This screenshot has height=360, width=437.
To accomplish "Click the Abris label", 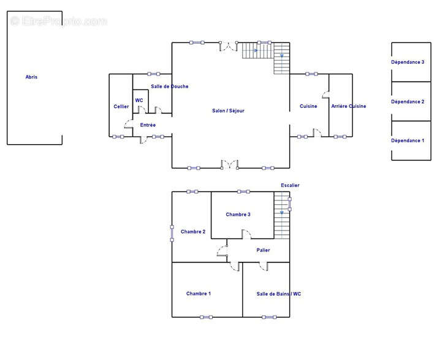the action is pyautogui.click(x=31, y=77).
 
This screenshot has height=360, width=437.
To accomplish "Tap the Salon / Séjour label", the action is pyautogui.click(x=228, y=111).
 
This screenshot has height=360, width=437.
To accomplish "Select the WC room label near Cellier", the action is pyautogui.click(x=139, y=101).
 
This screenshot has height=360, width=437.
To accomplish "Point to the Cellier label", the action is pyautogui.click(x=121, y=107).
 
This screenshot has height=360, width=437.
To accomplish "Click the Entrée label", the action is pyautogui.click(x=148, y=125).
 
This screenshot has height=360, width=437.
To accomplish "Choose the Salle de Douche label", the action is pyautogui.click(x=169, y=86).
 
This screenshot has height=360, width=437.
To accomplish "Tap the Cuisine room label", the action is pyautogui.click(x=308, y=106).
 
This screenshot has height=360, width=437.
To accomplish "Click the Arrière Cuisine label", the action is pyautogui.click(x=349, y=106).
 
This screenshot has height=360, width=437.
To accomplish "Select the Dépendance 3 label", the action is pyautogui.click(x=408, y=62).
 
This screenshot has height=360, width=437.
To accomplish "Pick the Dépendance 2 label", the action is pyautogui.click(x=408, y=102).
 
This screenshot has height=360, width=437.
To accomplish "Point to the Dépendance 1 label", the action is pyautogui.click(x=408, y=141).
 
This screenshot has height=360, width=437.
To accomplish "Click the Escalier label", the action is pyautogui.click(x=290, y=185).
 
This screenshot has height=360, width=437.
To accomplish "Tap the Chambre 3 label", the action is pyautogui.click(x=238, y=215).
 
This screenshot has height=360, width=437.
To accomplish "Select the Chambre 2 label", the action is pyautogui.click(x=193, y=232).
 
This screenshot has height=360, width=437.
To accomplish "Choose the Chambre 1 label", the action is pyautogui.click(x=199, y=294).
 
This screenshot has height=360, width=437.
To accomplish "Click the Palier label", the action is pyautogui.click(x=263, y=250).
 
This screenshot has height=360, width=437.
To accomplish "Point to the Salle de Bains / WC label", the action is pyautogui.click(x=279, y=294).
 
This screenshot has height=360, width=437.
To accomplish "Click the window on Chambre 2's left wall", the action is pyautogui.click(x=172, y=234).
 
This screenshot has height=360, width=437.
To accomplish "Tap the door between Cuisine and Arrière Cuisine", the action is pyautogui.click(x=326, y=94).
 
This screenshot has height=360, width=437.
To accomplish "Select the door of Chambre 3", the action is pyautogui.click(x=246, y=234).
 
